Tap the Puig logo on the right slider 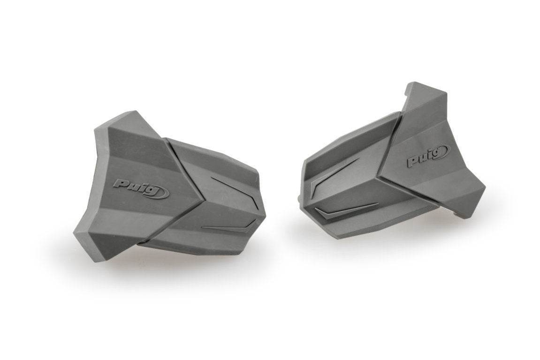click(426, 157)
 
